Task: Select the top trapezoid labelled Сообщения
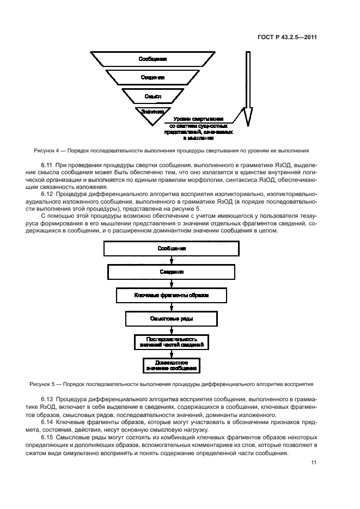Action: click(x=152, y=59)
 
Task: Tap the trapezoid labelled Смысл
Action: click(x=152, y=96)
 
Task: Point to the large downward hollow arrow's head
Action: click(x=248, y=117)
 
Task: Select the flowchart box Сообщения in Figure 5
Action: click(x=172, y=248)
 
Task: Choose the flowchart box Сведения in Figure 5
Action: click(x=172, y=272)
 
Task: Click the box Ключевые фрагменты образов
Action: click(x=172, y=295)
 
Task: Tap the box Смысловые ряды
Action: click(x=172, y=318)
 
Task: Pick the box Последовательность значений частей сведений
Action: click(x=172, y=342)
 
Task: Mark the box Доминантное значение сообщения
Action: click(x=172, y=365)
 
